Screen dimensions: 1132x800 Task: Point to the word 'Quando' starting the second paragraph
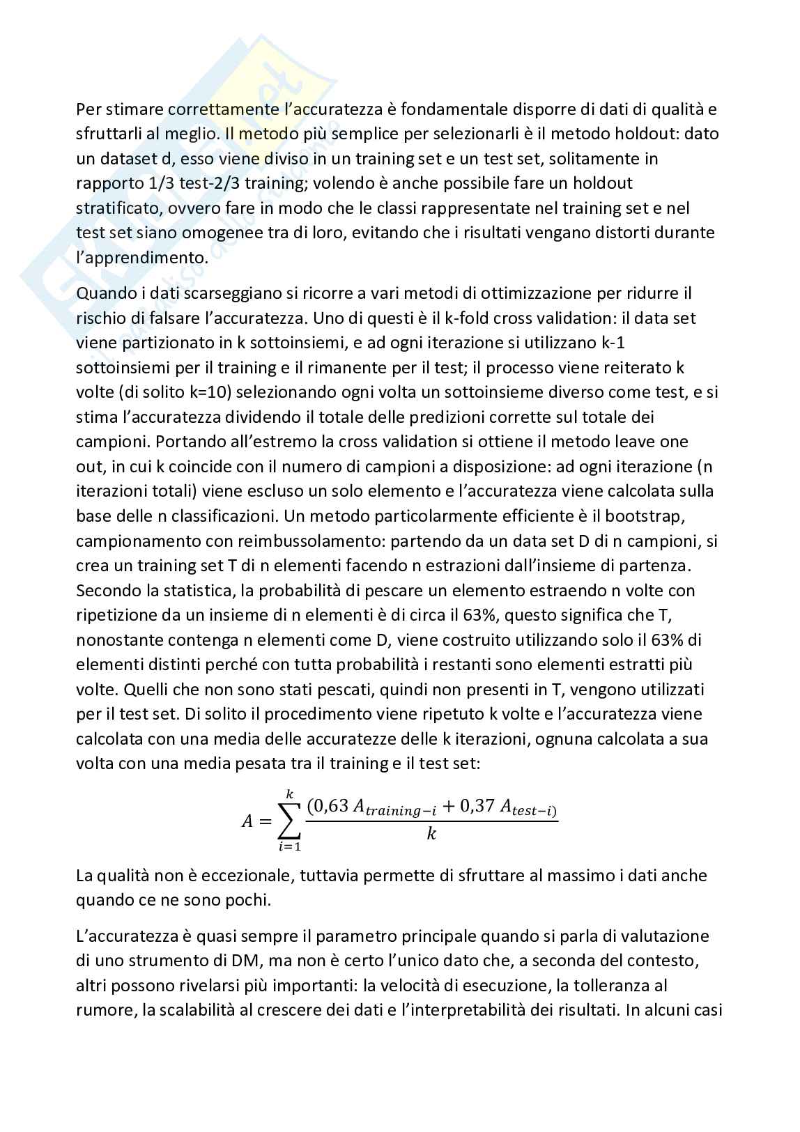click(x=102, y=293)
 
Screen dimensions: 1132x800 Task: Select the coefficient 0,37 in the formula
click(x=476, y=806)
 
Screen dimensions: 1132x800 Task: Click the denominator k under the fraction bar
click(x=431, y=833)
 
